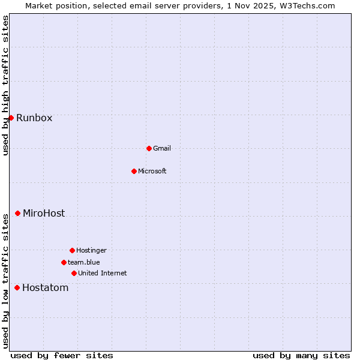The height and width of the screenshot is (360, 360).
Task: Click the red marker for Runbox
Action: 11,118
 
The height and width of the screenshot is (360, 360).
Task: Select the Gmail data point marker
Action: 149,148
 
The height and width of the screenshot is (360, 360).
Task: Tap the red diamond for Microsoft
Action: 134,171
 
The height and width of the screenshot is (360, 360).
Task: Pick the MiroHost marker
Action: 17,213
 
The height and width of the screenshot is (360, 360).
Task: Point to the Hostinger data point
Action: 72,250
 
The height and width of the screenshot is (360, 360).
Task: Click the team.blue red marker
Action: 64,262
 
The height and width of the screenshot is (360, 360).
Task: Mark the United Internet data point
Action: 74,273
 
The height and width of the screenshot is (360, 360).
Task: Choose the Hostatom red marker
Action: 17,287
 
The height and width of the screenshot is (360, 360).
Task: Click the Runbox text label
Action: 34,118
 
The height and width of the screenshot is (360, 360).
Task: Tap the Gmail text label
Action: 162,148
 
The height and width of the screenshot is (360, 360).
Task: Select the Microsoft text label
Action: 152,171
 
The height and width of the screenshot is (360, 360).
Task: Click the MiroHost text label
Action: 44,213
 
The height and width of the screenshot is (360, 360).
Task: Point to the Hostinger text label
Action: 91,250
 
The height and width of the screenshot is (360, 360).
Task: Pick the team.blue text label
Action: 84,262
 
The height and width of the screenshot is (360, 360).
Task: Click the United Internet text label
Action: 103,273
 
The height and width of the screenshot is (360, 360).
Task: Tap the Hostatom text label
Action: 46,287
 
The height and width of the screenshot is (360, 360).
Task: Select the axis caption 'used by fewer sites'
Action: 62,355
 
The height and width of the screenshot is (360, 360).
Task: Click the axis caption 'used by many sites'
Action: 301,355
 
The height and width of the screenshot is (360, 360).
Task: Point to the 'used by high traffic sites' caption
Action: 5,85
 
